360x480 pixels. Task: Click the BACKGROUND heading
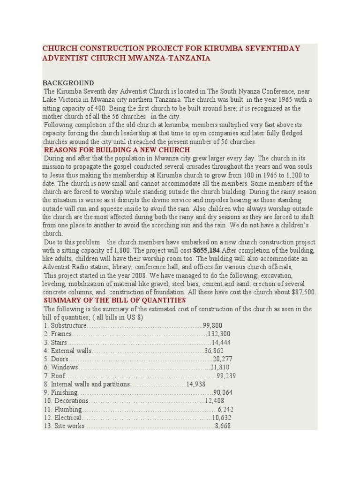[x=68, y=83]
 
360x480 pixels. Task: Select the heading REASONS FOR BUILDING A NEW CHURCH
[x=117, y=150]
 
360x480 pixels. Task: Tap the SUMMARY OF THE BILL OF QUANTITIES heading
[x=115, y=300]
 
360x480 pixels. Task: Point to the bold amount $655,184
[x=206, y=250]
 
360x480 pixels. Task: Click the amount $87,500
[x=303, y=292]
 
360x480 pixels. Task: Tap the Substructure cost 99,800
[x=212, y=325]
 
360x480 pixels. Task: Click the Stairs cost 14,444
[x=221, y=342]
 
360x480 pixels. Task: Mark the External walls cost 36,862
[x=214, y=351]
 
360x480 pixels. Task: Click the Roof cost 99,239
[x=226, y=376]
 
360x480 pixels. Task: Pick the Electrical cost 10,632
[x=221, y=418]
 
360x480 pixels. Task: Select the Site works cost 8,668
[x=223, y=426]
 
